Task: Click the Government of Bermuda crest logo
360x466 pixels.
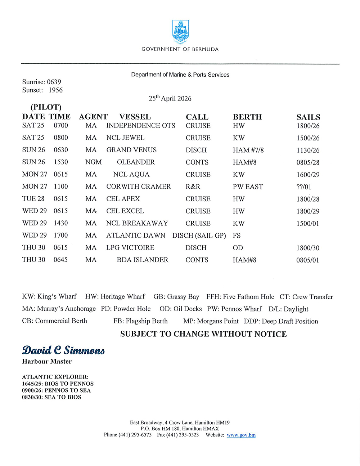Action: click(180, 32)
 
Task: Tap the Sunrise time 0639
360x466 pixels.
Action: click(54, 82)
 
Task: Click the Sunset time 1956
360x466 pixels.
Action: click(56, 90)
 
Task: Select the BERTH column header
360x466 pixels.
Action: click(247, 117)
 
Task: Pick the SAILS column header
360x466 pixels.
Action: click(308, 117)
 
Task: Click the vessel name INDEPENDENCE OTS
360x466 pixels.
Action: click(141, 126)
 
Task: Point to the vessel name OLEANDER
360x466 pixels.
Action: click(136, 162)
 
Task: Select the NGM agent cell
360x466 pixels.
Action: click(94, 162)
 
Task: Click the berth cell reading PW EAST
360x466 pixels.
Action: click(248, 187)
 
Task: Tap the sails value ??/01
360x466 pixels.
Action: click(304, 187)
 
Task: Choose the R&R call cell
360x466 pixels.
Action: click(193, 187)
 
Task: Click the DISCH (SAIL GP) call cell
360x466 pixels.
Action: click(199, 236)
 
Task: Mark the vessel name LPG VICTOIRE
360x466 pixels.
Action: click(130, 248)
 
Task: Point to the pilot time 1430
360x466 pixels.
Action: click(61, 223)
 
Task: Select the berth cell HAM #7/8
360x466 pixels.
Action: click(248, 150)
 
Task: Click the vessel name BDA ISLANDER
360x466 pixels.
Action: click(143, 260)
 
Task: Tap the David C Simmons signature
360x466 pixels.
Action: click(63, 350)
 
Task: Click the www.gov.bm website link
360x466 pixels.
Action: click(241, 435)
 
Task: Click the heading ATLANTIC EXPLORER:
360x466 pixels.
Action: click(55, 377)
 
